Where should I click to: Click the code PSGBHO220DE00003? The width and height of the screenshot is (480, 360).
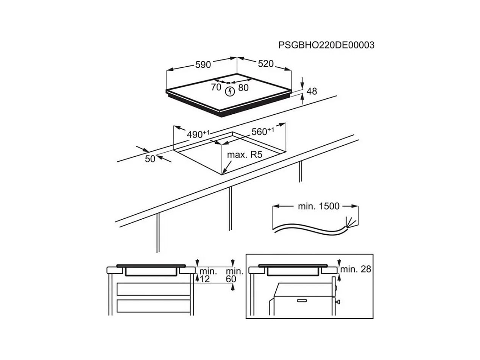[326, 45]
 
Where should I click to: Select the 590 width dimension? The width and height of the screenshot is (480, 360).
[203, 65]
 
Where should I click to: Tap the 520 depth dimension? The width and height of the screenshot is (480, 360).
[265, 64]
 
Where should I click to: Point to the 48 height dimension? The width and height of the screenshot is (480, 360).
[312, 91]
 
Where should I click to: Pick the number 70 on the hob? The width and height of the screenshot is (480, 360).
[216, 87]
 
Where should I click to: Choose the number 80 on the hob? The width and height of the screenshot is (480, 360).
[243, 87]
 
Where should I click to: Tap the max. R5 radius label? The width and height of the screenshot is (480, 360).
[245, 155]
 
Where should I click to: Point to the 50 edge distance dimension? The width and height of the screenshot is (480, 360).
[150, 159]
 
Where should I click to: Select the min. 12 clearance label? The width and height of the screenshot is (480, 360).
[208, 275]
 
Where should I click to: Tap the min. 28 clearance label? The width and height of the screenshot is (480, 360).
[355, 270]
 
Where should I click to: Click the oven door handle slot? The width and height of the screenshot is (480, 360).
[302, 301]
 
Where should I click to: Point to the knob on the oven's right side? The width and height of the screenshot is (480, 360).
[338, 302]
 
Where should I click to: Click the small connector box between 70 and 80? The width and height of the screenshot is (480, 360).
[228, 82]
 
